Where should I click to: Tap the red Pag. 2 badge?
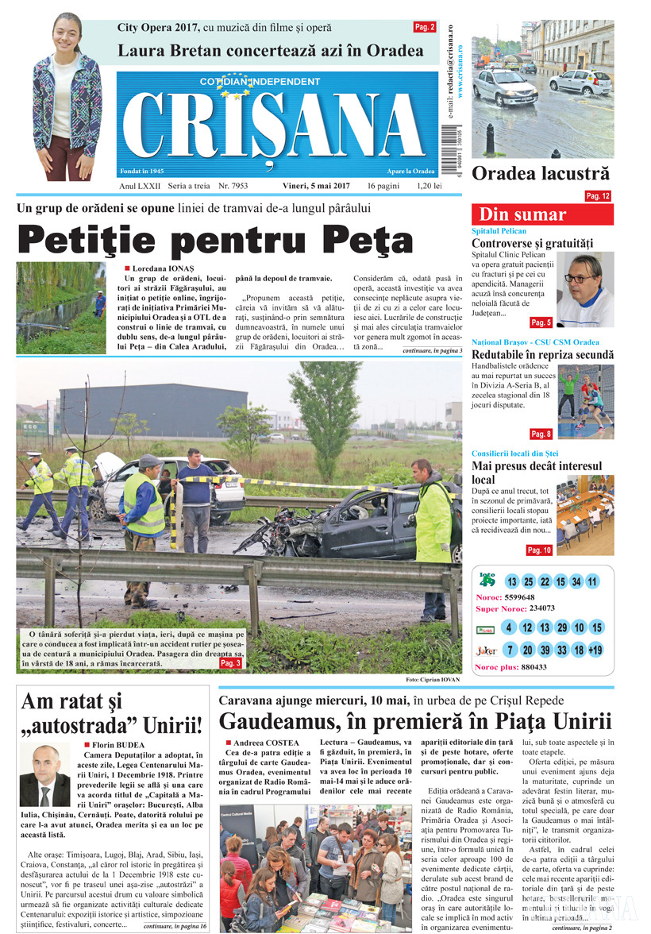(x=425, y=27)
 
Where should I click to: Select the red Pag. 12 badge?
(x=598, y=195)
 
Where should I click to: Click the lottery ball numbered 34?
(x=576, y=581)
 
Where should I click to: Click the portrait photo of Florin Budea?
(x=45, y=775)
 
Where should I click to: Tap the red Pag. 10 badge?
(x=539, y=550)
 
